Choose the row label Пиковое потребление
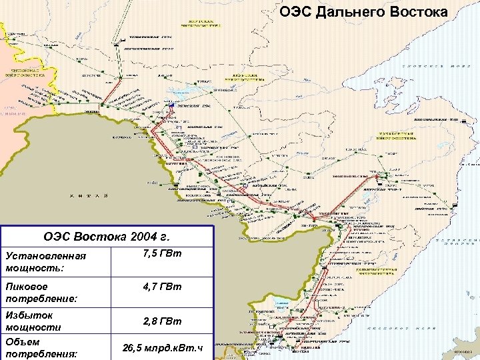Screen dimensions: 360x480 [x=41, y=292]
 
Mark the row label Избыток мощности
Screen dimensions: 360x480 [x=33, y=321]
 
